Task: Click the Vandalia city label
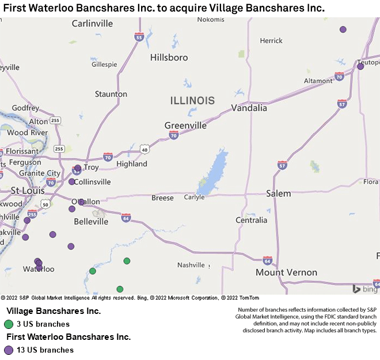click(x=249, y=108)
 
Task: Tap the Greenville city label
click(x=185, y=126)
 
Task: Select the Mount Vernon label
click(x=286, y=272)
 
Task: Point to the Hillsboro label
click(x=169, y=58)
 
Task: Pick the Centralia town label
click(x=252, y=220)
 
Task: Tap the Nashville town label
click(x=191, y=265)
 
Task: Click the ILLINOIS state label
click(x=192, y=101)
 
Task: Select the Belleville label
click(x=91, y=221)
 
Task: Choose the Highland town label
click(x=132, y=164)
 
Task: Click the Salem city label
click(x=279, y=194)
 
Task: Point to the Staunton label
click(x=111, y=94)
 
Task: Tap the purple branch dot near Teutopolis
click(x=360, y=66)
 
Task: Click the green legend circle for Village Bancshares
click(x=8, y=324)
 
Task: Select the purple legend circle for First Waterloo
click(x=8, y=350)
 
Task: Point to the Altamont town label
click(x=318, y=81)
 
